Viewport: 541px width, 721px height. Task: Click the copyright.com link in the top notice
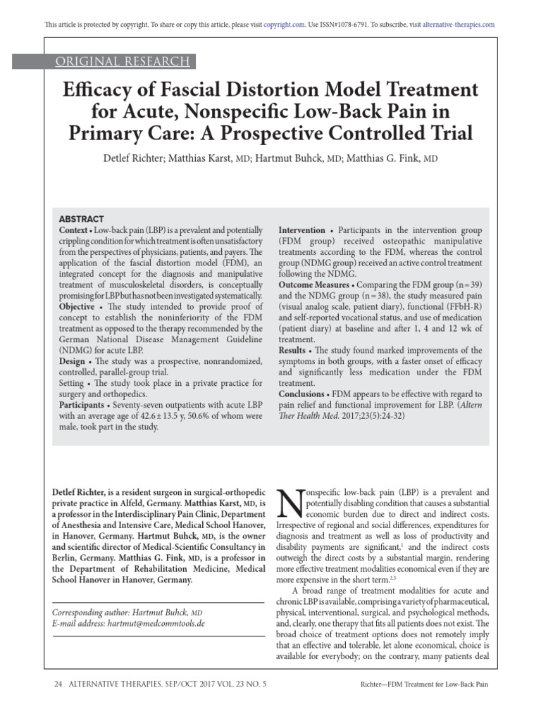pyautogui.click(x=285, y=24)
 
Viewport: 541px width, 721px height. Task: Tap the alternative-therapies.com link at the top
pyautogui.click(x=459, y=24)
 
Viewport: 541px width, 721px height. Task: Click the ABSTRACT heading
pyautogui.click(x=82, y=219)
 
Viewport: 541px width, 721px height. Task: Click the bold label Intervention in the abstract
pyautogui.click(x=302, y=231)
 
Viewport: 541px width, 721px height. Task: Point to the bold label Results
pyautogui.click(x=292, y=351)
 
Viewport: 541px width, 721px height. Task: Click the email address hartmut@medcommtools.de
pyautogui.click(x=154, y=624)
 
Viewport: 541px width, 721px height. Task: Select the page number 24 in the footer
pyautogui.click(x=59, y=684)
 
